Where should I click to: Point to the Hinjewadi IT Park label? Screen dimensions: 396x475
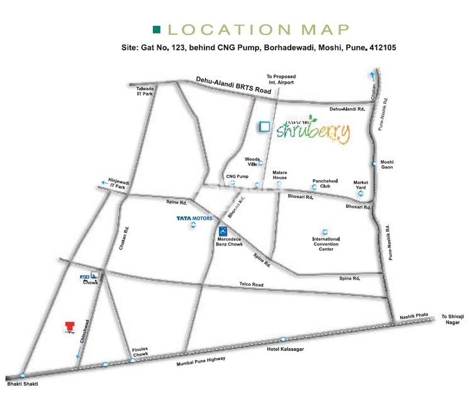click(118, 184)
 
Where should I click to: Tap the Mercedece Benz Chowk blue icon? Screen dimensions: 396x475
click(222, 230)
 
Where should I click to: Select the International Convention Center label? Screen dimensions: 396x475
click(326, 245)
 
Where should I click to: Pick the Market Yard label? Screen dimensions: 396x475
click(360, 185)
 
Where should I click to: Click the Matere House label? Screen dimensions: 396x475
click(279, 174)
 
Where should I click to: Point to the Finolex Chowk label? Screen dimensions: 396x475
click(140, 351)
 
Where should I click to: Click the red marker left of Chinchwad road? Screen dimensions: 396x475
click(69, 326)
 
